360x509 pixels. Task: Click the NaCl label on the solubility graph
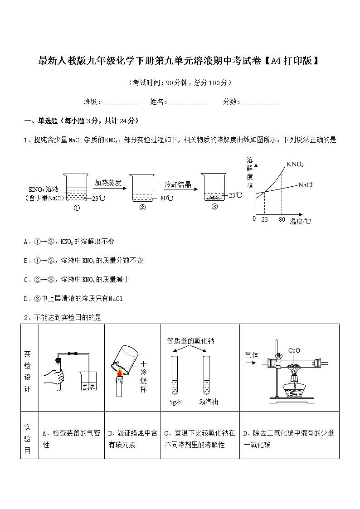pyautogui.click(x=306, y=184)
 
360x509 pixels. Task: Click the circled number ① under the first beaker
pyautogui.click(x=76, y=208)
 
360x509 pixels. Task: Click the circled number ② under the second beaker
pyautogui.click(x=142, y=208)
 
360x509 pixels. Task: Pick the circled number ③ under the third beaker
pyautogui.click(x=214, y=207)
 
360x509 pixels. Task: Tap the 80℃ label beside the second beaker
pyautogui.click(x=167, y=198)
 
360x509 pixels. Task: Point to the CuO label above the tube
pyautogui.click(x=294, y=350)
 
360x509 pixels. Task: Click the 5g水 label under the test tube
pyautogui.click(x=175, y=402)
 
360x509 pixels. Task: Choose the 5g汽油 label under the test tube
pyautogui.click(x=208, y=402)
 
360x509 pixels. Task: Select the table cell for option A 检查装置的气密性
pyautogui.click(x=72, y=439)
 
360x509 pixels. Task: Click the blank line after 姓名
pyautogui.click(x=187, y=103)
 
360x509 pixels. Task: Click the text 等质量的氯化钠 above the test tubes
pyautogui.click(x=190, y=341)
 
